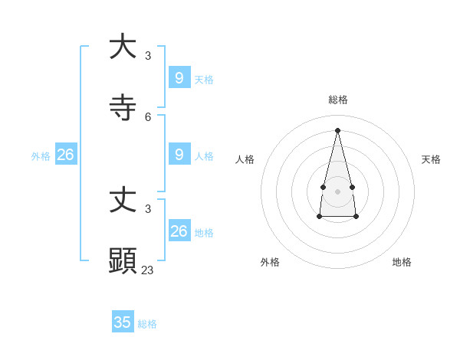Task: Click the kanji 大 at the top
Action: coord(123,46)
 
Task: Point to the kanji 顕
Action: coord(123,260)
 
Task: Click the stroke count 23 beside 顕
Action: coord(147,270)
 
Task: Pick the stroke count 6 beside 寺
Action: coord(148,117)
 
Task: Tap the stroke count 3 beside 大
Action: coord(148,55)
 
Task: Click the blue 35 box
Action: coord(123,322)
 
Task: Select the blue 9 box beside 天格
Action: coord(179,77)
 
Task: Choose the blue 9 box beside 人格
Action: coord(179,154)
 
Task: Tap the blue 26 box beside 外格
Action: coord(65,154)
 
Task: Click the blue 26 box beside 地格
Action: coord(179,231)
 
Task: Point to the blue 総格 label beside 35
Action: coord(147,324)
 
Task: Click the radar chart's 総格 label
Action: coord(337,100)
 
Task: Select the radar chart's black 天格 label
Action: coord(431,159)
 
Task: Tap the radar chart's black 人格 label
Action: coord(245,159)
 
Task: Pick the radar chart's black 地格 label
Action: coord(402,262)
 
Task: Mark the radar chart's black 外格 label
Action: coord(270,262)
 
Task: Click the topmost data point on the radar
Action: coord(337,129)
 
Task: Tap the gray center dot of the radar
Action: coord(337,191)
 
